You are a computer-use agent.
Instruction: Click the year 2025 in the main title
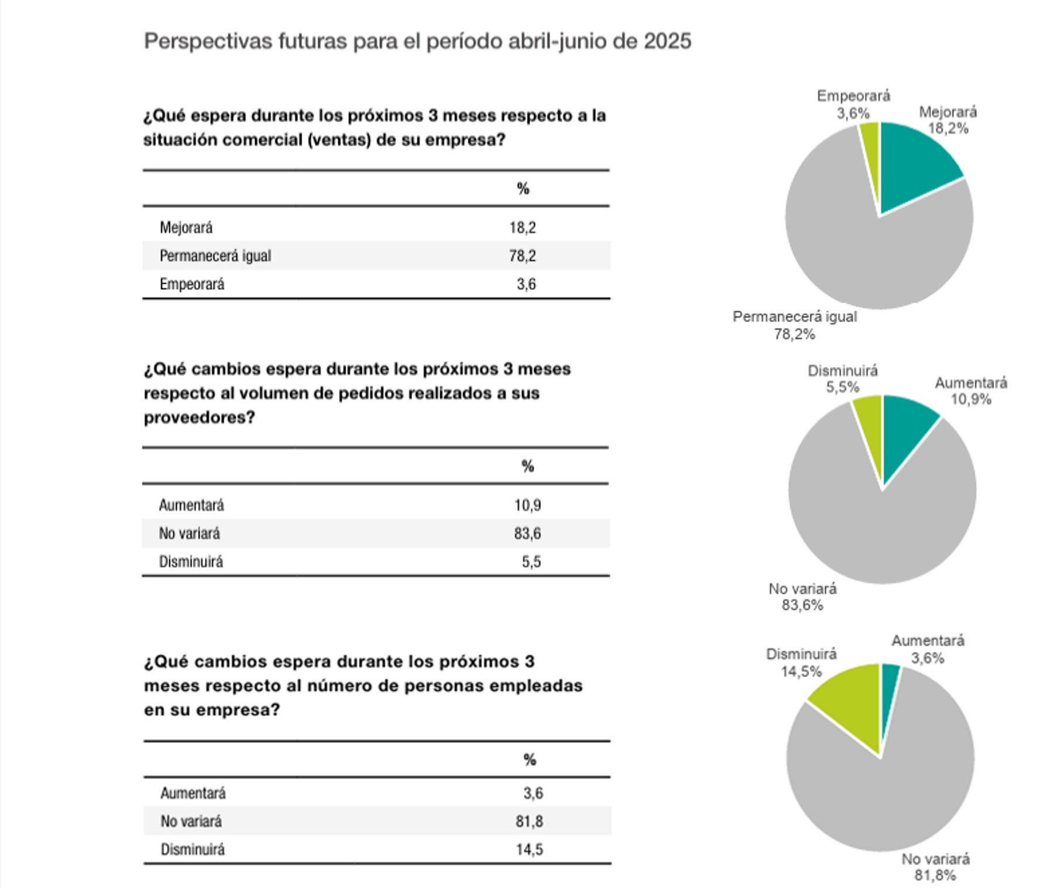(x=667, y=42)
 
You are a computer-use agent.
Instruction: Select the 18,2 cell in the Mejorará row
(x=523, y=227)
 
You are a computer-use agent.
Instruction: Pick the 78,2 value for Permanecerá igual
(x=523, y=256)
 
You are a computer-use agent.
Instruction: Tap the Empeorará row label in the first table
(x=192, y=284)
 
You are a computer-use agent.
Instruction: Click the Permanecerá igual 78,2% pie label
(x=795, y=325)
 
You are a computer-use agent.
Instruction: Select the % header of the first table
(x=523, y=188)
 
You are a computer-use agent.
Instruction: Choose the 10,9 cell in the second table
(x=528, y=505)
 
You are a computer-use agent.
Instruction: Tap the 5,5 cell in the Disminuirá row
(x=531, y=562)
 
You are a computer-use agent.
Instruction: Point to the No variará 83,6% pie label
(x=802, y=597)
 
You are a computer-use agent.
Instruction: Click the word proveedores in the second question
(x=199, y=417)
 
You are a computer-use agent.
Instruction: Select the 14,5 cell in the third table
(x=530, y=849)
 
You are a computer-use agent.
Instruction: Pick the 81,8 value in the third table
(x=530, y=821)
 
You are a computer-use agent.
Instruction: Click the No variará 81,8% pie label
(x=935, y=867)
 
